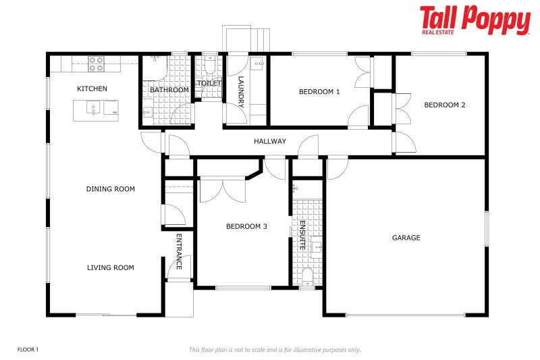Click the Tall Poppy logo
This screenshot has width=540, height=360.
pyautogui.click(x=475, y=20)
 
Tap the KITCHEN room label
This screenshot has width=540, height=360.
pyautogui.click(x=92, y=88)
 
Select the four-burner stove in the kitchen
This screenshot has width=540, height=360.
pyautogui.click(x=97, y=63)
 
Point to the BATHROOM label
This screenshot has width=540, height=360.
pyautogui.click(x=169, y=90)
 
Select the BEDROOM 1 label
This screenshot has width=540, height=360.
pyautogui.click(x=319, y=92)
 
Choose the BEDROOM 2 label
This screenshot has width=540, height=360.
pyautogui.click(x=444, y=105)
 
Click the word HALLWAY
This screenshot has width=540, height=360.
pyautogui.click(x=270, y=141)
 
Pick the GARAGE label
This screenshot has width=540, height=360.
pyautogui.click(x=406, y=238)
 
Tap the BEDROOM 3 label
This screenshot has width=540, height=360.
pyautogui.click(x=246, y=226)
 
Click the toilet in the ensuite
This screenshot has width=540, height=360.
pyautogui.click(x=307, y=276)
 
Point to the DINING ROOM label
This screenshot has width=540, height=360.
pyautogui.click(x=111, y=189)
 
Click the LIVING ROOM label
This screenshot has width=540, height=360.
pyautogui.click(x=111, y=267)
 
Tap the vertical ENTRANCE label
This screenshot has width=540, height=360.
pyautogui.click(x=179, y=251)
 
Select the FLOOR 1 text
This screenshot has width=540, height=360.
pyautogui.click(x=28, y=349)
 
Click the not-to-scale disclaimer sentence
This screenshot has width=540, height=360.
pyautogui.click(x=275, y=349)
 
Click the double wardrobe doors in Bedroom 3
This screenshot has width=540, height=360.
pyautogui.click(x=223, y=188)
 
